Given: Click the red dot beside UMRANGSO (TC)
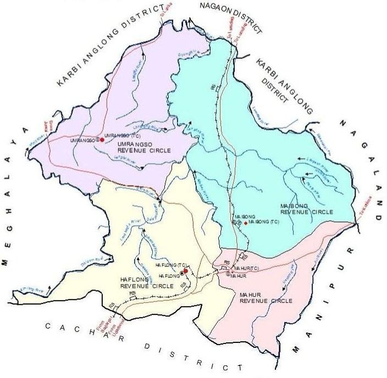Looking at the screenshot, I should (x=102, y=139).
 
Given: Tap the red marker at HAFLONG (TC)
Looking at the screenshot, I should (x=186, y=271).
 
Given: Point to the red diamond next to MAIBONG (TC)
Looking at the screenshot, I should (x=246, y=223).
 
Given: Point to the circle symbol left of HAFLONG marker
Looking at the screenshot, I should (x=182, y=273).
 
